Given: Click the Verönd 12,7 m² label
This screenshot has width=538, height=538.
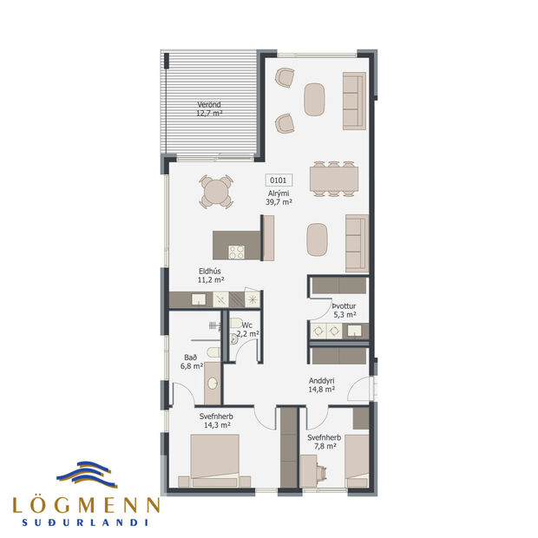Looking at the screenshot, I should coord(208,109).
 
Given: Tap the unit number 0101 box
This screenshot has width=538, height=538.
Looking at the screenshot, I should coord(279,181).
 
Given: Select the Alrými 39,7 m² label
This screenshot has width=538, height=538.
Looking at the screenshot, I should coord(279,197).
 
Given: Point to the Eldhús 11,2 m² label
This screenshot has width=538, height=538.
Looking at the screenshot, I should coord(210,276).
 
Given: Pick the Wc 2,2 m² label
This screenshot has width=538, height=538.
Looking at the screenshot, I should coord(249,329).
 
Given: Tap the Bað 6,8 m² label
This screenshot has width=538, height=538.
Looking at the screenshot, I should coord(191,362).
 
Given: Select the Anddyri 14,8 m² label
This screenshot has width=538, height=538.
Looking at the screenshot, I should coord(323,385).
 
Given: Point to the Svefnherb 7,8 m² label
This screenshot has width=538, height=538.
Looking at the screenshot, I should coord(324,443).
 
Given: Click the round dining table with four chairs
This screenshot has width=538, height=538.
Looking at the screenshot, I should coord(216,192).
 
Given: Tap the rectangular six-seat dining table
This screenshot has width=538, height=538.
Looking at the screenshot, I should coord(333,177).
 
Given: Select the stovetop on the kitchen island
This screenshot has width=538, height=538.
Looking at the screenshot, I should coord(236,252).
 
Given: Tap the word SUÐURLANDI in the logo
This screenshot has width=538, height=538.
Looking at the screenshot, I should coord(85,522).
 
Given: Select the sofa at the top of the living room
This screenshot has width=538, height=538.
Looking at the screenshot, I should coord(353,101).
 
